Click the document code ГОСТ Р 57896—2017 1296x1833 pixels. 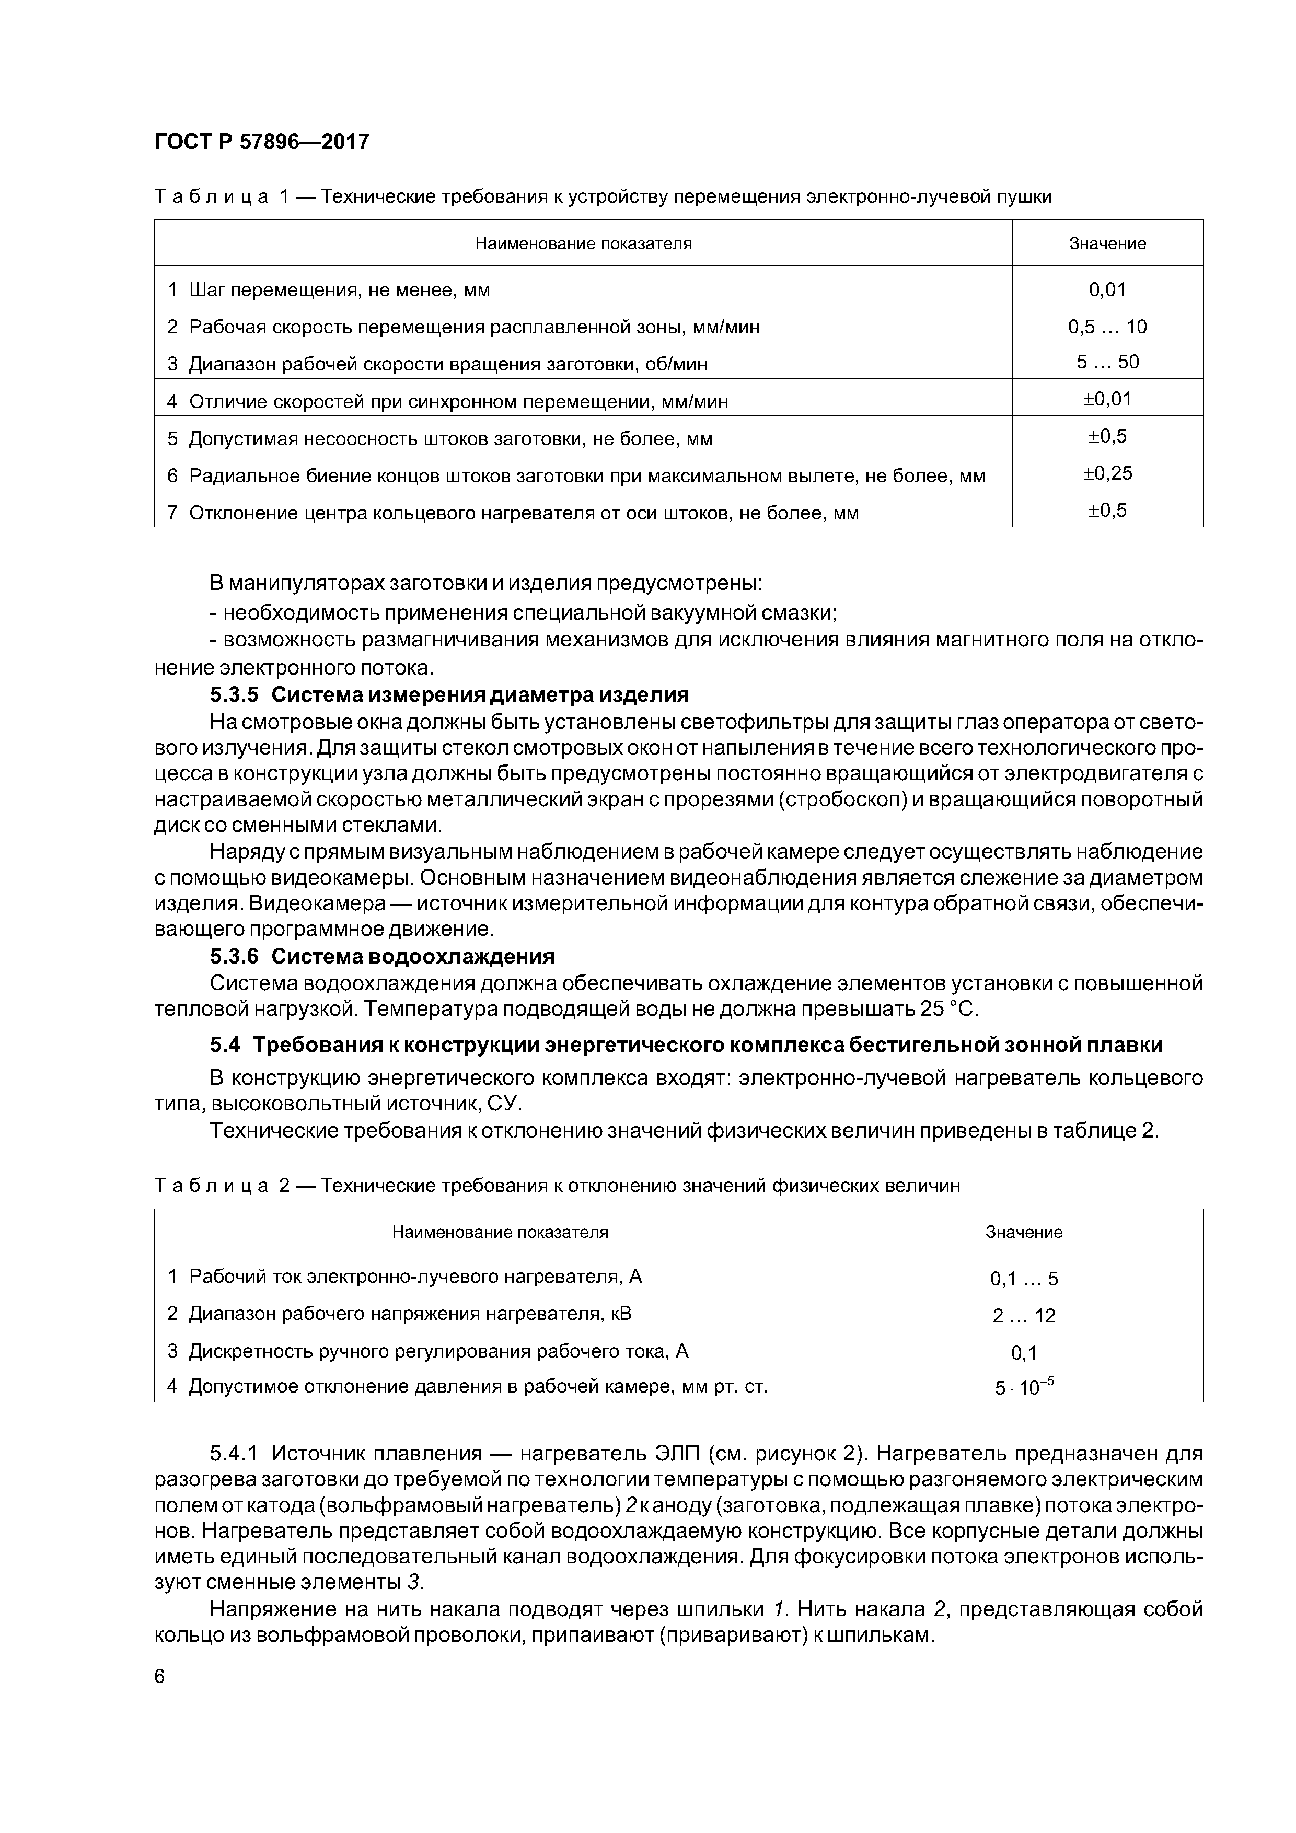[261, 142]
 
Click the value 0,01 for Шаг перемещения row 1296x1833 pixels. [1107, 290]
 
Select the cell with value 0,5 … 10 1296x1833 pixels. [1107, 327]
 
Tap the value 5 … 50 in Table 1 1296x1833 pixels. [1107, 363]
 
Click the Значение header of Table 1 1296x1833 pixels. [1107, 243]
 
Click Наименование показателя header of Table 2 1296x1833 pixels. [500, 1232]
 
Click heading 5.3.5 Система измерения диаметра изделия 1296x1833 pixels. [449, 694]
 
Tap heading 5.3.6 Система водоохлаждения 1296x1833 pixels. [381, 956]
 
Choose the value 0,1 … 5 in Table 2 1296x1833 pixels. [1024, 1279]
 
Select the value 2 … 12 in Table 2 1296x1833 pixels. [1024, 1316]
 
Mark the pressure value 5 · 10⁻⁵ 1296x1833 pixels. [1024, 1387]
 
